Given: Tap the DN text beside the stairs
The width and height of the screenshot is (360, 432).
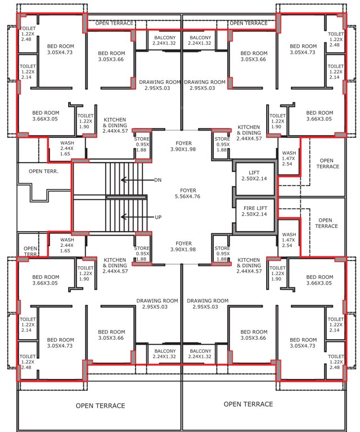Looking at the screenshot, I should pos(157,180).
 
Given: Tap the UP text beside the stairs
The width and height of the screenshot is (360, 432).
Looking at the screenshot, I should pos(157,217).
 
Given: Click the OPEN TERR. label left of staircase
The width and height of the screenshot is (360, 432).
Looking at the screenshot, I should pos(44,171).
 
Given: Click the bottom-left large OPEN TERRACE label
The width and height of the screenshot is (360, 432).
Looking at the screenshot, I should pos(100,406).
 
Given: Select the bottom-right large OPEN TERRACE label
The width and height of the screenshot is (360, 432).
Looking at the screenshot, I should pos(248,404).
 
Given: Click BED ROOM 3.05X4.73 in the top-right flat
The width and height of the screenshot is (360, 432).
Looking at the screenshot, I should pos(304,49).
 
